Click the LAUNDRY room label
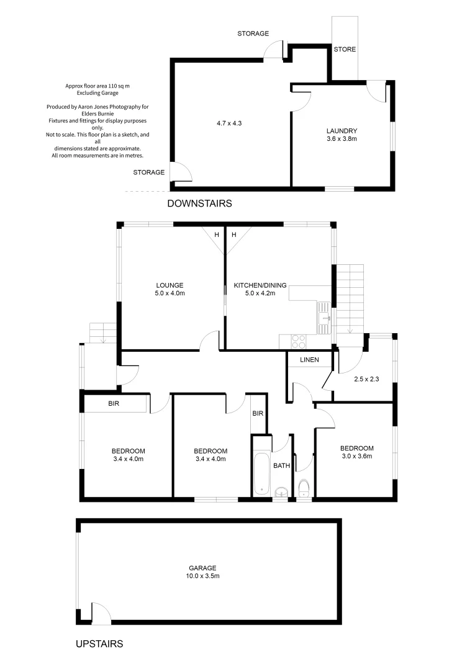(x=342, y=131)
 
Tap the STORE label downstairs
(x=345, y=50)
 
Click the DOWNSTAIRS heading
(x=199, y=203)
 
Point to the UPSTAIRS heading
(x=99, y=644)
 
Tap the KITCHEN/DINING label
(x=260, y=285)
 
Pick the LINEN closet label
(x=309, y=360)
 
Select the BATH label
(x=282, y=465)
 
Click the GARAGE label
(x=203, y=568)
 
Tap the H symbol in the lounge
(x=217, y=235)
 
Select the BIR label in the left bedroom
(x=114, y=404)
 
